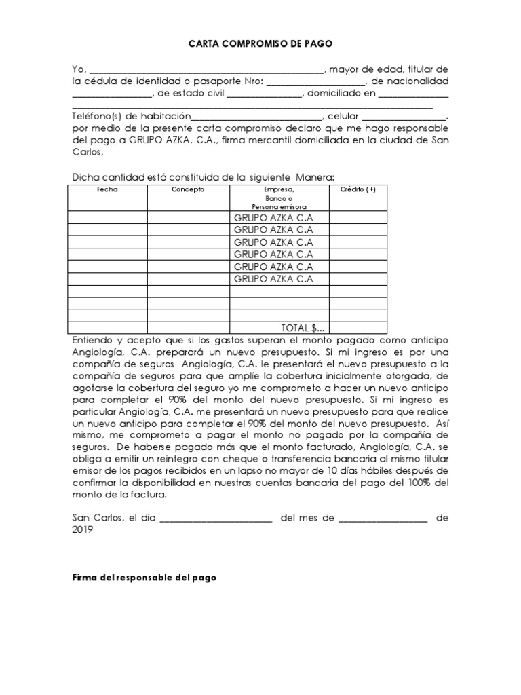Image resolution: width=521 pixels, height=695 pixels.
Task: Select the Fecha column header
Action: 107,189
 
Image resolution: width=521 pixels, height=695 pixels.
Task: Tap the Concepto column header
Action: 188,189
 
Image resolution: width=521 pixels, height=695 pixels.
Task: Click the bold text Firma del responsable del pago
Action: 144,578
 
